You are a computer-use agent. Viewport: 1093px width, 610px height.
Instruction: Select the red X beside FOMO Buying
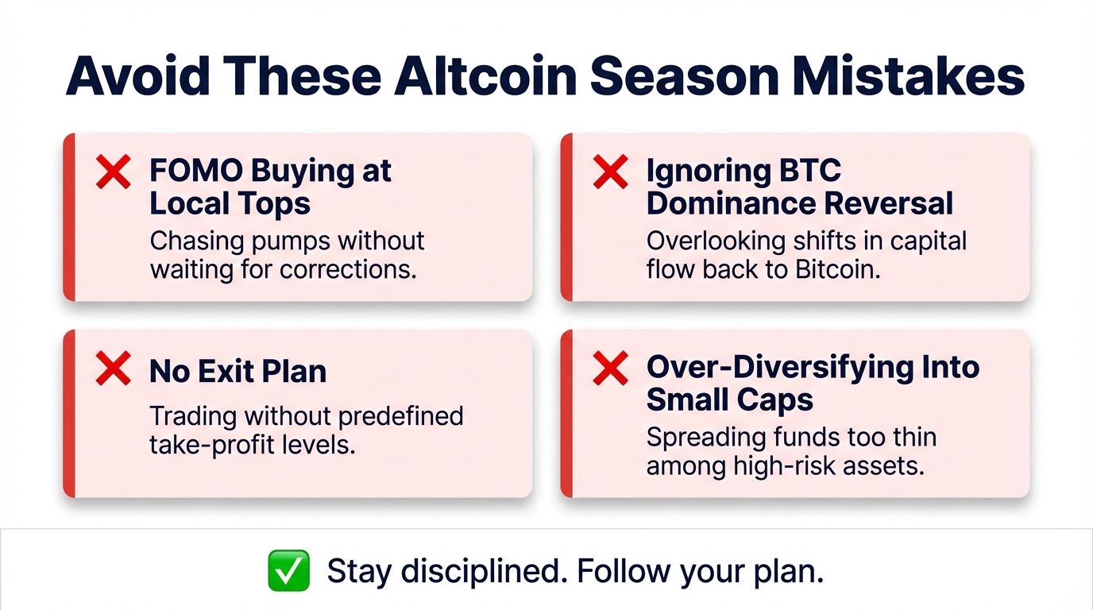point(113,172)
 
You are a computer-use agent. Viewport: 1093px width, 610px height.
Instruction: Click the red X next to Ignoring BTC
point(610,172)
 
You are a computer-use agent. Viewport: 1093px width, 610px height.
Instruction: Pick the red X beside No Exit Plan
point(113,370)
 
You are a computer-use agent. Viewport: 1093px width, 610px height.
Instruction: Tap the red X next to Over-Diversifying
point(610,370)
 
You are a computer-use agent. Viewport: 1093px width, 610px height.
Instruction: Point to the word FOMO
point(195,171)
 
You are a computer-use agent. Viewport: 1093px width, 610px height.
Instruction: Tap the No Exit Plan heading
point(238,371)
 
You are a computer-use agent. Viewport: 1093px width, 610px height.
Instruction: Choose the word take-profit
point(207,444)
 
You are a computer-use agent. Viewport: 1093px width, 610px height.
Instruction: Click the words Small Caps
point(729,400)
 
